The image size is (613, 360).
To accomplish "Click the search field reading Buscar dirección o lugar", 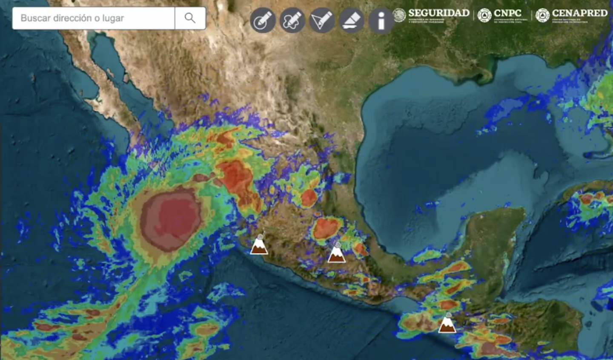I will [x=94, y=18].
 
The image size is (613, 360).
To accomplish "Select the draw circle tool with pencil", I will [x=262, y=20].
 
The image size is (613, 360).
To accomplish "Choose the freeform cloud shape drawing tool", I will [x=292, y=20].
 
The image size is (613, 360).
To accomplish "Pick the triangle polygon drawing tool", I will [x=322, y=20].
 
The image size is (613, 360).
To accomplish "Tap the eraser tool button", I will [x=352, y=20].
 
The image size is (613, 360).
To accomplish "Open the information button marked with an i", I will [x=381, y=20].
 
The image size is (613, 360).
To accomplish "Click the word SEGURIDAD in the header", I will [x=438, y=13].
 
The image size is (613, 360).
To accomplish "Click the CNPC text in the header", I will [x=507, y=13].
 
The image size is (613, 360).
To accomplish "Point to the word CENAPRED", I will [x=579, y=13].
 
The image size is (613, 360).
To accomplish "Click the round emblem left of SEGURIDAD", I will [x=399, y=15].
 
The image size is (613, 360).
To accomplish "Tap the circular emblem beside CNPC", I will [x=484, y=15].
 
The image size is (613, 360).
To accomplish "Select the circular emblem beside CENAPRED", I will [x=542, y=15].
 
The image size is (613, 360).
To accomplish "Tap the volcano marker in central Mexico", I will [x=336, y=253].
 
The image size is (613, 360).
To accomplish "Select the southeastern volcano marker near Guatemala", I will [x=447, y=323].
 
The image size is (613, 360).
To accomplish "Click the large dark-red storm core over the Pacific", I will [x=171, y=220].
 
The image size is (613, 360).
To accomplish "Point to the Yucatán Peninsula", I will [x=490, y=239].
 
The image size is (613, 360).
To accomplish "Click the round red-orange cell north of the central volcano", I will [x=327, y=228].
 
